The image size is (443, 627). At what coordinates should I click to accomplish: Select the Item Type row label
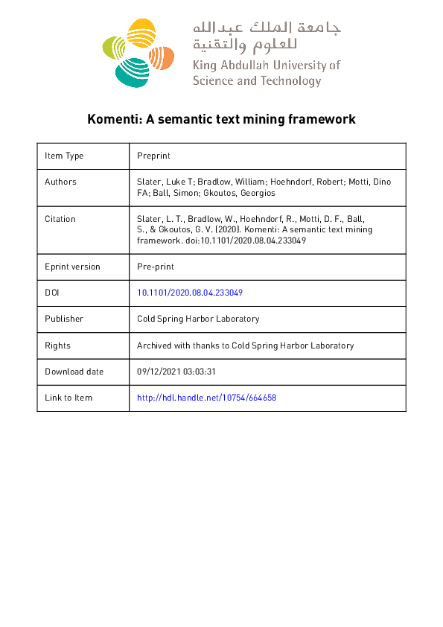point(64,156)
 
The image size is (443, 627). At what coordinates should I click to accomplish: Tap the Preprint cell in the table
point(154,156)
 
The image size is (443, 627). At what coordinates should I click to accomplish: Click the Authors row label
point(60,182)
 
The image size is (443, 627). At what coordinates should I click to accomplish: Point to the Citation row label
point(60,219)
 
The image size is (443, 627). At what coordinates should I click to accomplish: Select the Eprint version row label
point(72,267)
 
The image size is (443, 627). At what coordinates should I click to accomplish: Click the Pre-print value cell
point(156,267)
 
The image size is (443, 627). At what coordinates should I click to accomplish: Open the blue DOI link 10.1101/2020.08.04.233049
point(190,293)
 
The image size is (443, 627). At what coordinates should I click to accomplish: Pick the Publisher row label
point(64,319)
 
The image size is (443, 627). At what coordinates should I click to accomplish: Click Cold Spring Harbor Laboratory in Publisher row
point(198,319)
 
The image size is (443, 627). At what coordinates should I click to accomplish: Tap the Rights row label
point(57,346)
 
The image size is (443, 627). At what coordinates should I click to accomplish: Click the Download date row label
point(74,372)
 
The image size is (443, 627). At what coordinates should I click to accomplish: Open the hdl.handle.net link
point(207,398)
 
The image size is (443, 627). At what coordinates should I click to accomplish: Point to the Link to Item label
point(68,398)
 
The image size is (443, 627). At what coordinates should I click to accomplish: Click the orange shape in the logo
point(162,57)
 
